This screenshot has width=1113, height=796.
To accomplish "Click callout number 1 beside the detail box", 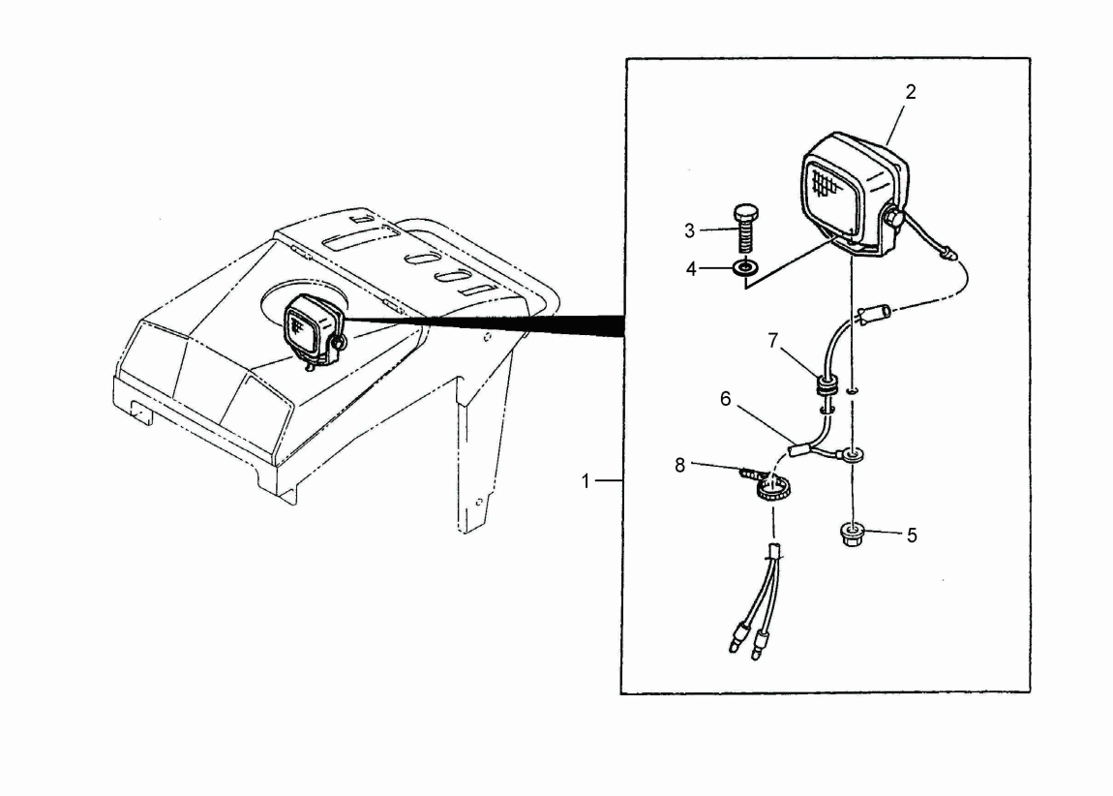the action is coord(586,481).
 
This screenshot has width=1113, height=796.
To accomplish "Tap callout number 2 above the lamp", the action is coord(911,92).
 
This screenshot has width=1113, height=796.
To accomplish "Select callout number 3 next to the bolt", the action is coord(689,230).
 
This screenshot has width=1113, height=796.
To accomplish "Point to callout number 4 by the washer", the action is coord(691,269).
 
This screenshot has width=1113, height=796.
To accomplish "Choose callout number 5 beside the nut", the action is coord(912,536).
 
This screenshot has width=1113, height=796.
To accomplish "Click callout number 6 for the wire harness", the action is coord(726,399).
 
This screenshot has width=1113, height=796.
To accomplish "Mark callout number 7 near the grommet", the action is coord(773,341).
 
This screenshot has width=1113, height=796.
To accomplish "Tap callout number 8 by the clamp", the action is coord(680,466).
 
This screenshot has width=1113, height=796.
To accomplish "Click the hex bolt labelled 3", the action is coord(744,229).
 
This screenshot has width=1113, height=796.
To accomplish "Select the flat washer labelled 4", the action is coord(744,268).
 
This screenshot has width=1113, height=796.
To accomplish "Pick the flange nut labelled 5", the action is coord(852,535).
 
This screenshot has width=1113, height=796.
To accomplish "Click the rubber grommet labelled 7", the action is coord(825,385).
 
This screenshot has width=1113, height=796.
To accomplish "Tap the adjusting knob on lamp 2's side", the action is coord(894,217).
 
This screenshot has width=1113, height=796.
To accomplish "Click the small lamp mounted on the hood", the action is coord(314,331).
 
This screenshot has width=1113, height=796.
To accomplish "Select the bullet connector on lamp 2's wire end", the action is coord(947,252).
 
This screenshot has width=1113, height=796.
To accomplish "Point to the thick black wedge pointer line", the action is coord(483,323).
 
